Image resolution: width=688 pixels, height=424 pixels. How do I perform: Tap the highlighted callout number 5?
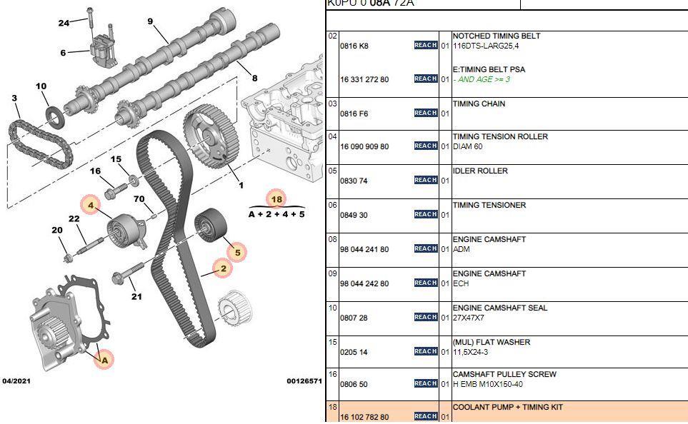pyautogui.click(x=236, y=251)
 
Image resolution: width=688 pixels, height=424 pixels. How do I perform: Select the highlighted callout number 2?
pyautogui.click(x=223, y=268)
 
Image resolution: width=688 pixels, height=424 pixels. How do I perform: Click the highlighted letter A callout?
pyautogui.click(x=104, y=360)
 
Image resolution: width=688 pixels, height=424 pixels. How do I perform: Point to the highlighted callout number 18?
pyautogui.click(x=276, y=199)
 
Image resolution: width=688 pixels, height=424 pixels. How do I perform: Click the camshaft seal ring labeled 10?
pyautogui.click(x=54, y=115)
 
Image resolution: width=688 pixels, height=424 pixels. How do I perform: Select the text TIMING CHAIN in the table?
pyautogui.click(x=479, y=104)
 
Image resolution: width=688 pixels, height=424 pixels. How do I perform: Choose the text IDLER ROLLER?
pyautogui.click(x=480, y=171)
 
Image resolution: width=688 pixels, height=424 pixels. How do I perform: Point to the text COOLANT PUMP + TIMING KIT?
pyautogui.click(x=507, y=408)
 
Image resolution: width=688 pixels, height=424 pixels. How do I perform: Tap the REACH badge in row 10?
pyautogui.click(x=425, y=317)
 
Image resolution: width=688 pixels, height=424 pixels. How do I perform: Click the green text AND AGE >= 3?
pyautogui.click(x=484, y=79)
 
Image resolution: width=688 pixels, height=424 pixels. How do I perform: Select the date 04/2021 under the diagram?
pyautogui.click(x=16, y=381)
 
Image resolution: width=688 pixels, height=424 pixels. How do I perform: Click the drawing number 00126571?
pyautogui.click(x=304, y=381)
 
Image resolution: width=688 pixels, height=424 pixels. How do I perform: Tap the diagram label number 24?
pyautogui.click(x=64, y=23)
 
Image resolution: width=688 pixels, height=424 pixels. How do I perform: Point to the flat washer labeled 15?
pyautogui.click(x=134, y=176)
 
